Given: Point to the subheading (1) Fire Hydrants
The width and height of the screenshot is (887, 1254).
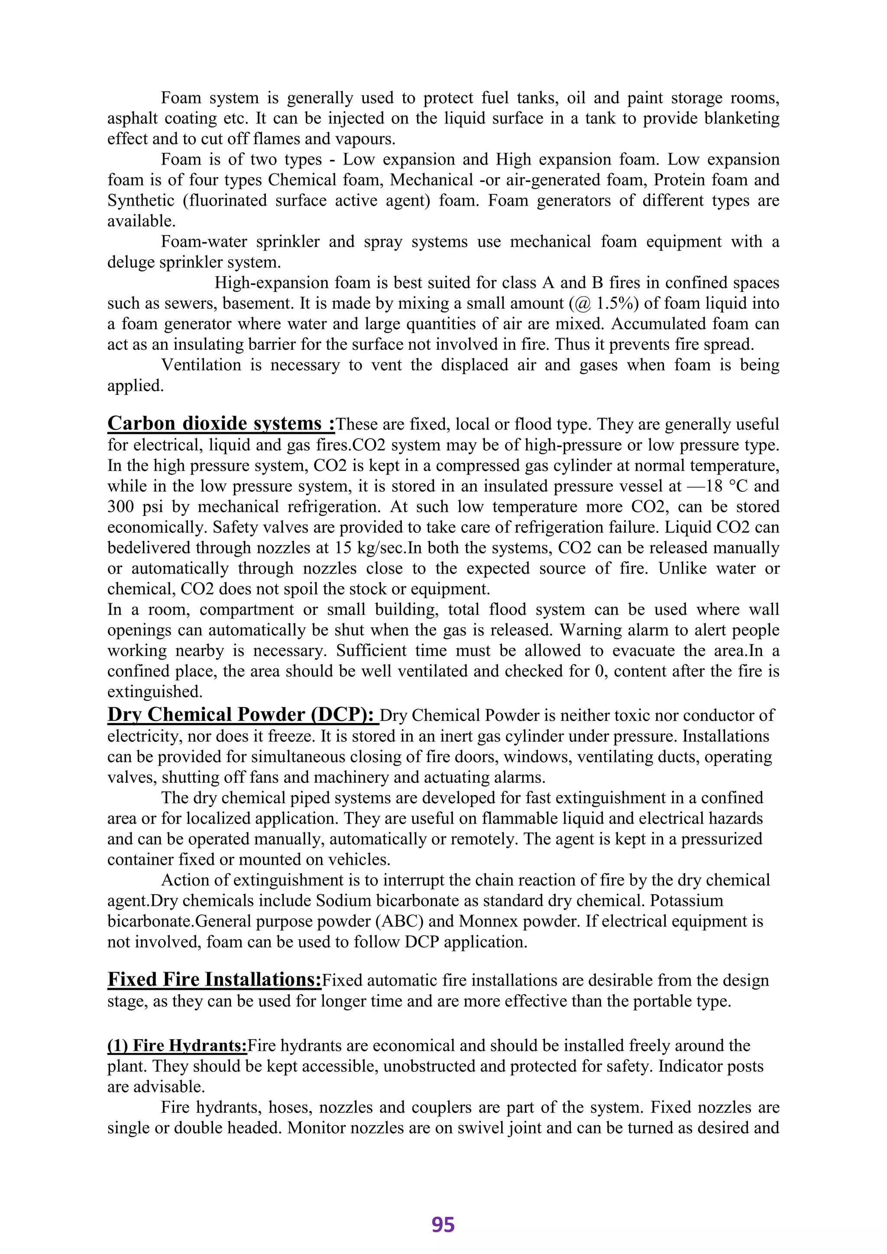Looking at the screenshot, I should [x=177, y=1045].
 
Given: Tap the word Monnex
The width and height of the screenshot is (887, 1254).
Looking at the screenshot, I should [x=484, y=921].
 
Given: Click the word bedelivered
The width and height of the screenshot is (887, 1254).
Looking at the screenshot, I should [x=149, y=547].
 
